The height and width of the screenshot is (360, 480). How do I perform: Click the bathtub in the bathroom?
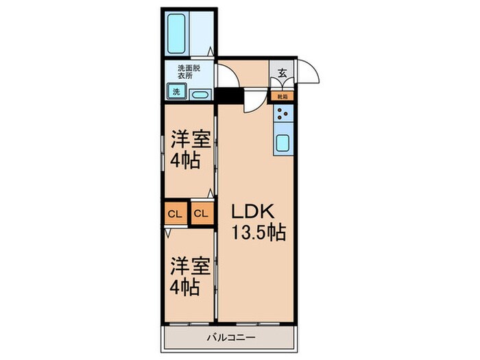pos(176,32)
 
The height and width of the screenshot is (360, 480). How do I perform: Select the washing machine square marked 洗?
pos(176,91)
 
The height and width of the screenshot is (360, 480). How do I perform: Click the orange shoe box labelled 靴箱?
pos(283,97)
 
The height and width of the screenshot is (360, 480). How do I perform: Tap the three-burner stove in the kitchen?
pos(283,115)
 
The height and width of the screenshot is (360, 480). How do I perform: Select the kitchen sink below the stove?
pos(283,143)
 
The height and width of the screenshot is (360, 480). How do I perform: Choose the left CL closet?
pos(175,214)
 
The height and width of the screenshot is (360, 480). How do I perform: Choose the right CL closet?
pos(200,214)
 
